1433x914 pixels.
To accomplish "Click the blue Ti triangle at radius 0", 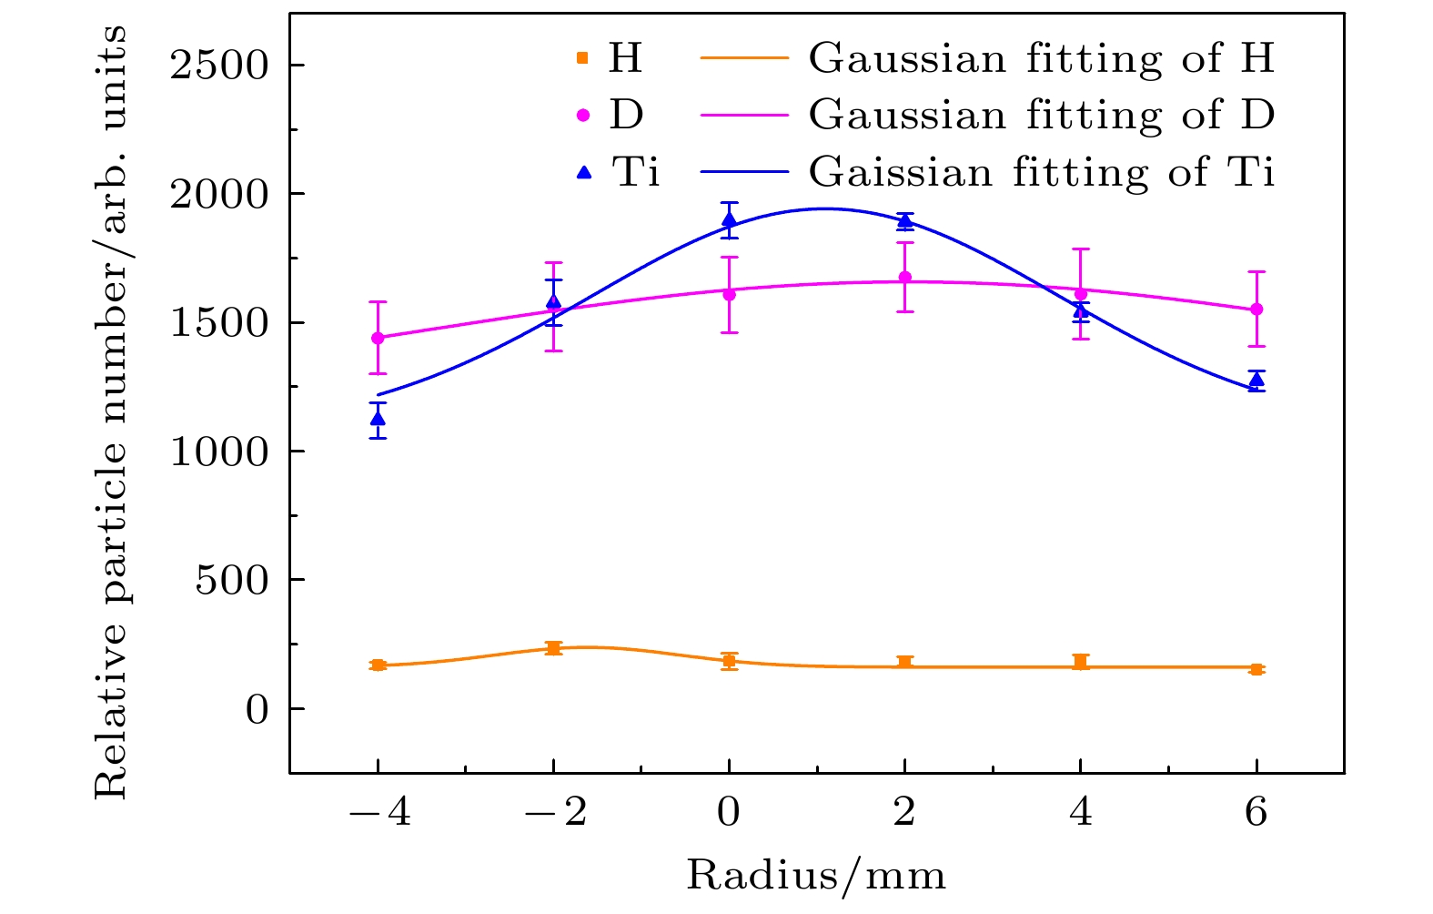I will pyautogui.click(x=729, y=219).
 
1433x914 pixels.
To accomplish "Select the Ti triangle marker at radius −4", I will pyautogui.click(x=378, y=419).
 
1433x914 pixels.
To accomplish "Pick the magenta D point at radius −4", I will pyautogui.click(x=378, y=338).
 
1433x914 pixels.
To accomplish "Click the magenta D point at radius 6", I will pyautogui.click(x=1256, y=310).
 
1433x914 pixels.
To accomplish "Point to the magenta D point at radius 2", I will pyautogui.click(x=904, y=278).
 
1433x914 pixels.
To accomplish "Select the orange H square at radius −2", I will pyautogui.click(x=553, y=648).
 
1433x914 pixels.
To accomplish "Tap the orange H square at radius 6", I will pyautogui.click(x=1256, y=669).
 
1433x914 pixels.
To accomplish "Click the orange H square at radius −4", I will pyautogui.click(x=378, y=665).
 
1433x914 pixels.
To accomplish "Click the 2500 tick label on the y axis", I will pyautogui.click(x=220, y=66).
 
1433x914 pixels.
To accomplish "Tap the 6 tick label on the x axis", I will pyautogui.click(x=1256, y=811).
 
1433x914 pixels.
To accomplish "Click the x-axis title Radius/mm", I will pyautogui.click(x=816, y=876).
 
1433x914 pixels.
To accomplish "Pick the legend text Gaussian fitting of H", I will pyautogui.click(x=1042, y=59).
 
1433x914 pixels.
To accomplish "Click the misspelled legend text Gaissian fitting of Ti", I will pyautogui.click(x=1042, y=172).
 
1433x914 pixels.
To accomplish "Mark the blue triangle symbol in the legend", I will pyautogui.click(x=584, y=171).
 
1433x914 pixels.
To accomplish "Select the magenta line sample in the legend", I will pyautogui.click(x=743, y=116).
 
